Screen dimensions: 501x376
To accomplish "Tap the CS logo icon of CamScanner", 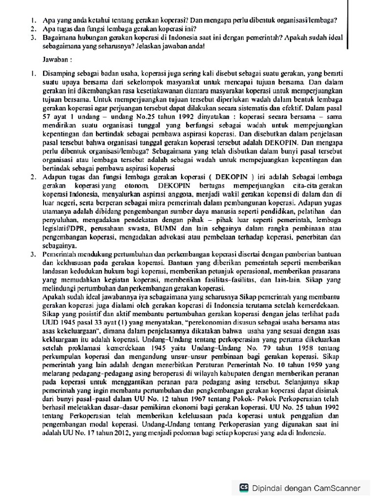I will (243, 487).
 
